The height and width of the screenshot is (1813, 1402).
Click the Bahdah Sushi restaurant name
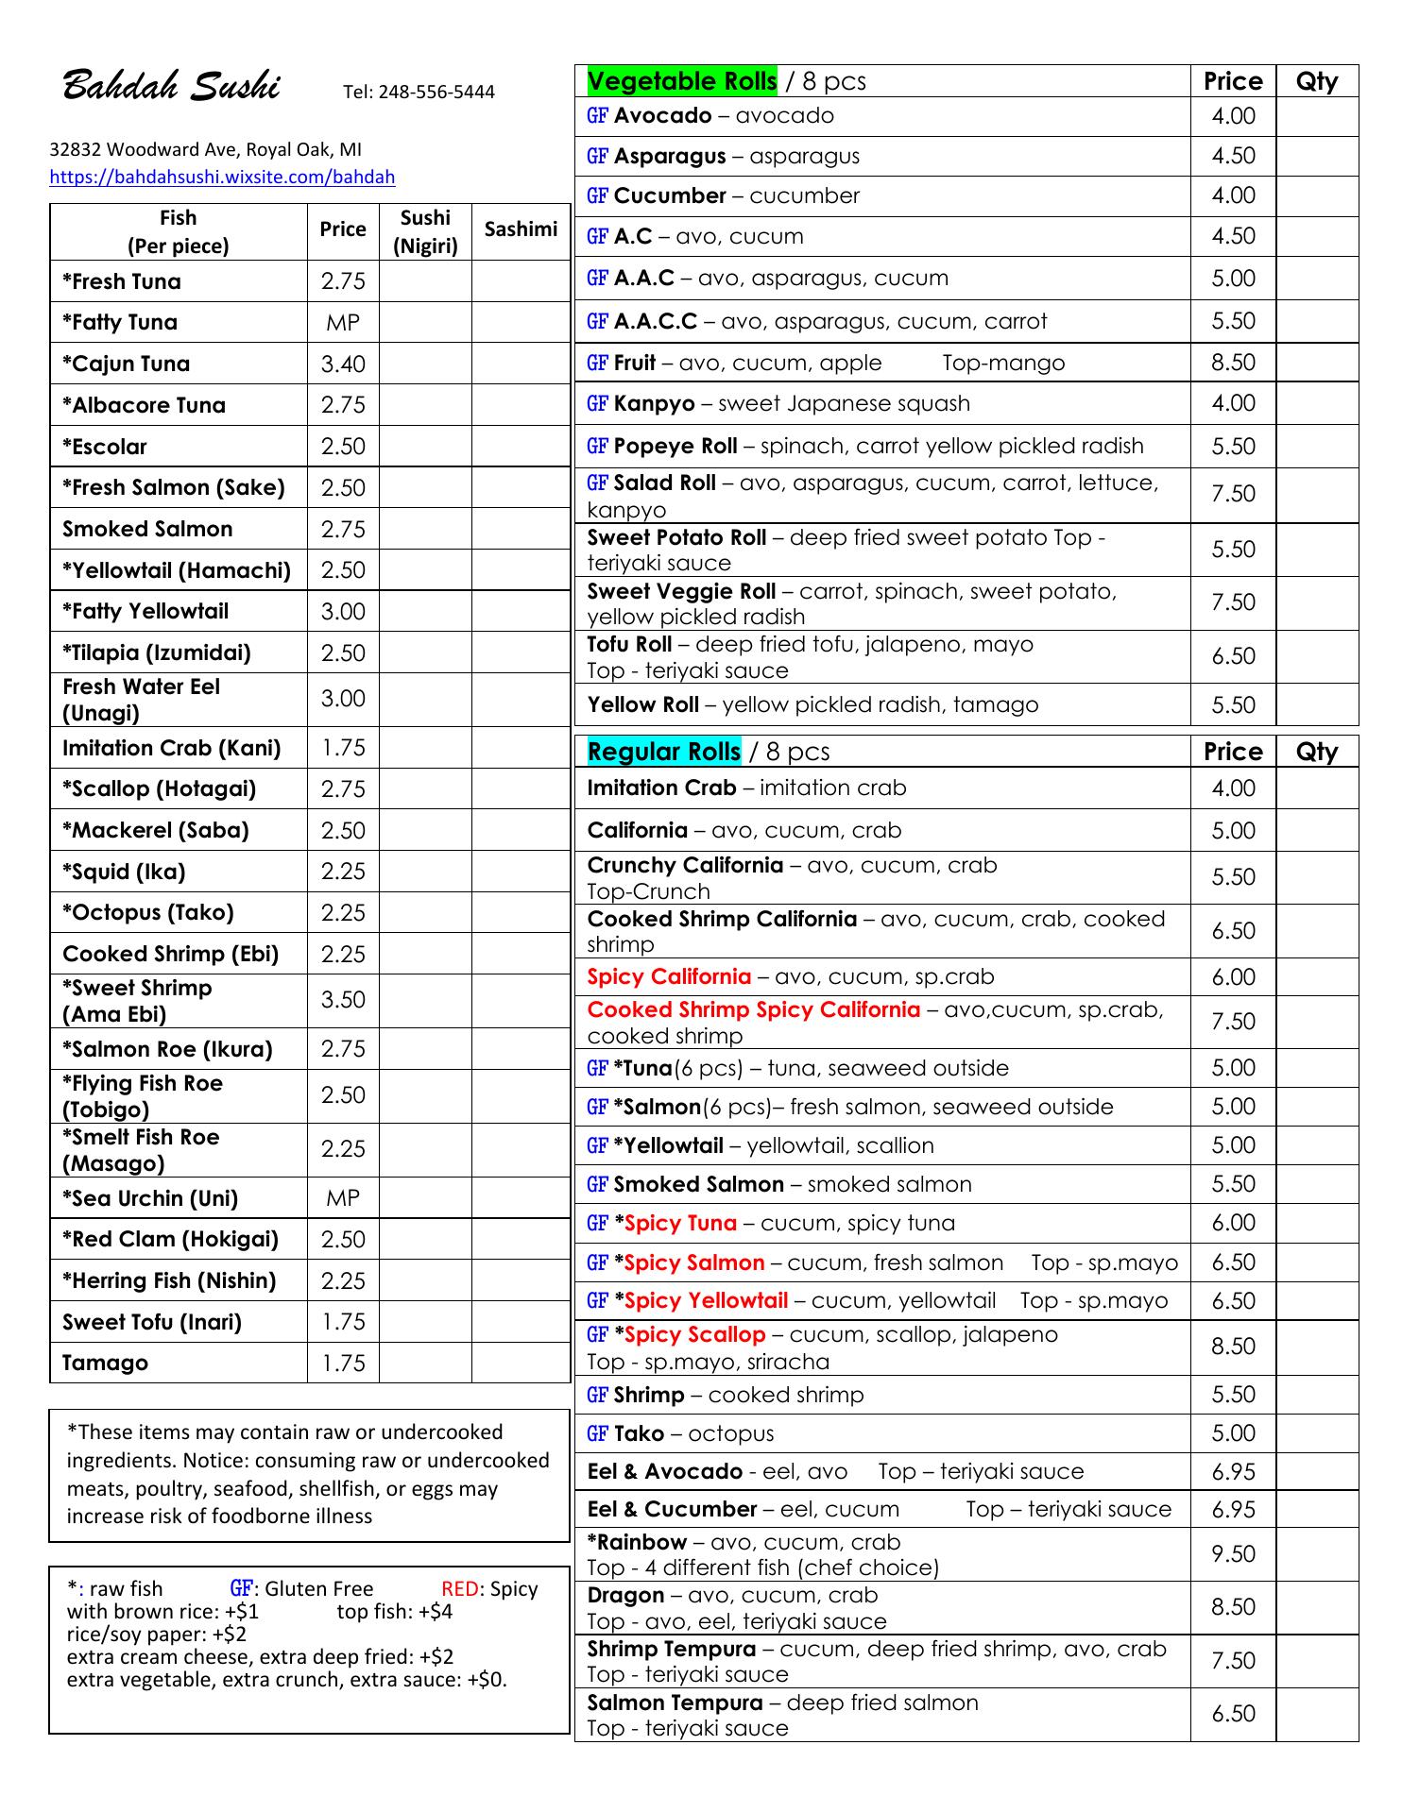(171, 87)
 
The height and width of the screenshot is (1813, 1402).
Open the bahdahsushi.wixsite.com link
(222, 177)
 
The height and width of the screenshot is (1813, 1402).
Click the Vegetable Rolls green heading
(681, 81)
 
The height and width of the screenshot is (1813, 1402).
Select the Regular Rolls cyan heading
(663, 752)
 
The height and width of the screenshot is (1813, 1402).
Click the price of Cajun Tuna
(343, 364)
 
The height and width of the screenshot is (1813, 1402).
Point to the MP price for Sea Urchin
(343, 1198)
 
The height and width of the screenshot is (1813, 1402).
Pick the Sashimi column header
(521, 229)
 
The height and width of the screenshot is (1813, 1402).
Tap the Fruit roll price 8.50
(1233, 363)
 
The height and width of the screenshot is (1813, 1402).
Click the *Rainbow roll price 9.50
(1233, 1554)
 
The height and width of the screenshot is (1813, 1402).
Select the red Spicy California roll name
(669, 976)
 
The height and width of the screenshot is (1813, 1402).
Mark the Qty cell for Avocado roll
(1317, 116)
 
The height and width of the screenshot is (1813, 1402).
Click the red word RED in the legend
(459, 1589)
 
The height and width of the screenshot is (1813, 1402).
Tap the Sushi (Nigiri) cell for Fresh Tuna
(425, 281)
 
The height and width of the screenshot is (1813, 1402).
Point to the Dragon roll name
(625, 1596)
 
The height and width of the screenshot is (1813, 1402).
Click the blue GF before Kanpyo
(597, 404)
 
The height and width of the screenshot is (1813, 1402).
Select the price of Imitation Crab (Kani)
(343, 748)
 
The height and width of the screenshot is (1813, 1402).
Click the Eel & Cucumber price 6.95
(1233, 1510)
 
